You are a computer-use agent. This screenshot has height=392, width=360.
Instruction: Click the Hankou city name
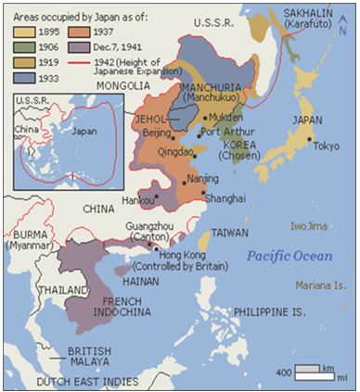coord(138,197)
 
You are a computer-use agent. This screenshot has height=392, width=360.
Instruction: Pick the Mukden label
coord(227,118)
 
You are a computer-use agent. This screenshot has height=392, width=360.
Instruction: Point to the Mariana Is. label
coord(321,285)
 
